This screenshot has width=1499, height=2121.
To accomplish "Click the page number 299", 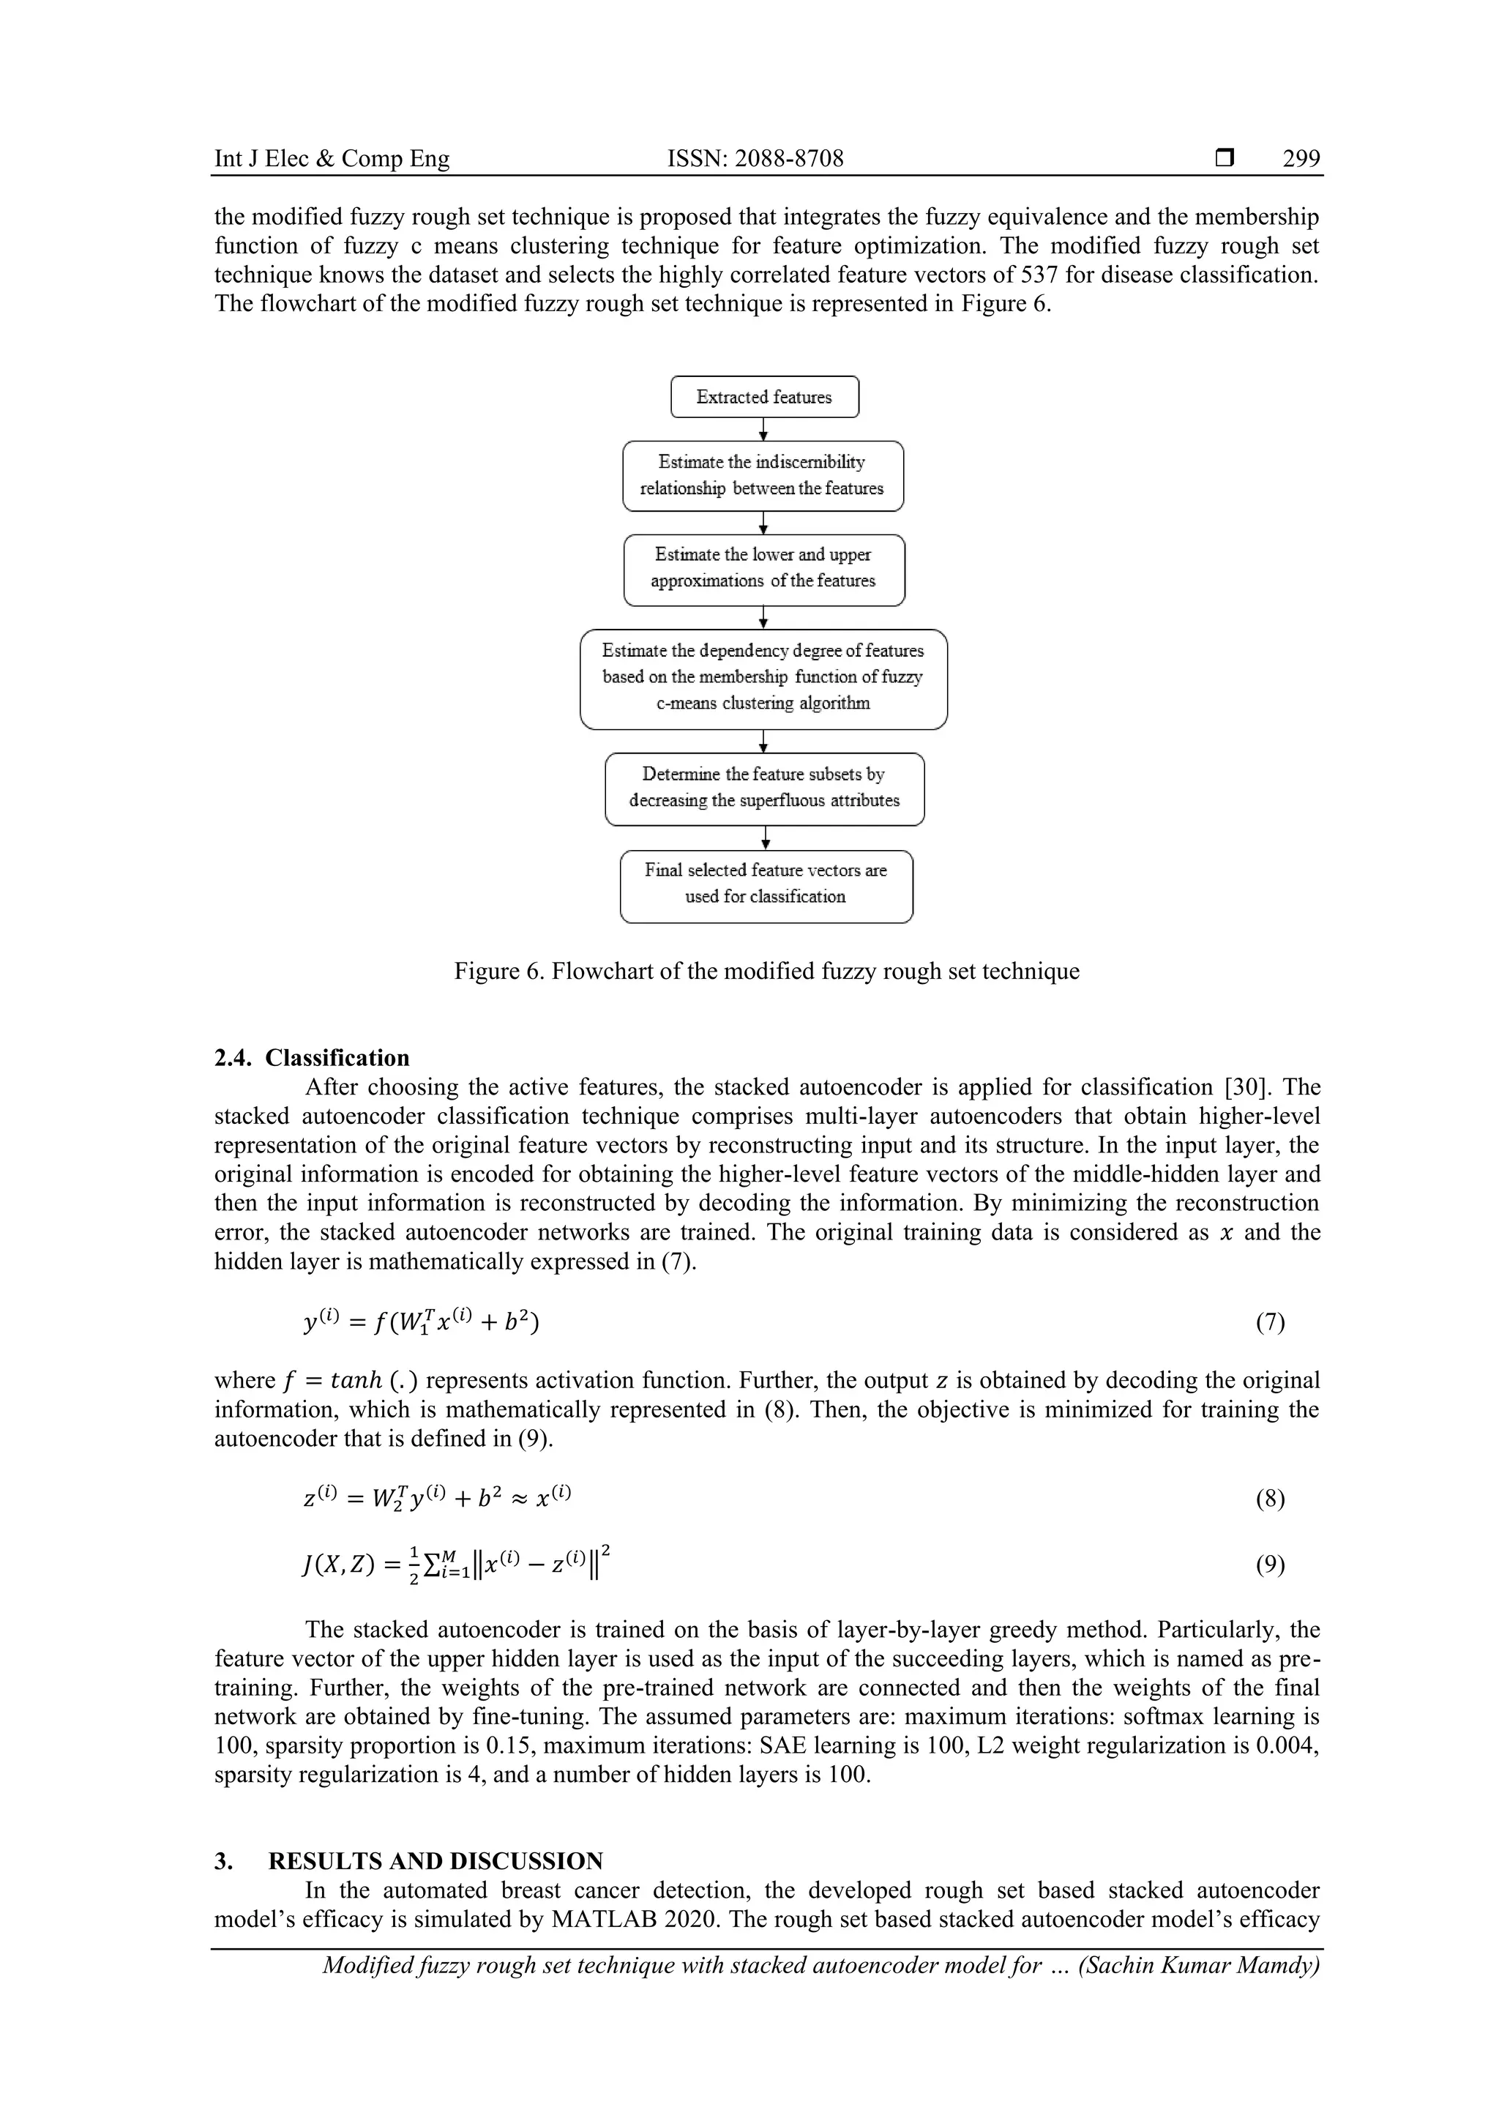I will click(1301, 159).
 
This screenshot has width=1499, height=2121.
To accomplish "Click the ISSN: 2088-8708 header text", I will click(755, 159).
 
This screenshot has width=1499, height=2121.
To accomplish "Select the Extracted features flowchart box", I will click(764, 398).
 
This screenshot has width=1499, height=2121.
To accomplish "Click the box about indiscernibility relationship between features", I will click(763, 476).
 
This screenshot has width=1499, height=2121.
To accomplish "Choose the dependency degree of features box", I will click(763, 678).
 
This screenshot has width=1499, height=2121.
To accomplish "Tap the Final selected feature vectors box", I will click(766, 885).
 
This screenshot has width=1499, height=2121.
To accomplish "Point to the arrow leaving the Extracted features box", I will click(764, 430).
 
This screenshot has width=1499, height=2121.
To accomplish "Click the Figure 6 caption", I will click(766, 971).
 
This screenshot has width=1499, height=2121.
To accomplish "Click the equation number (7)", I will click(1270, 1323).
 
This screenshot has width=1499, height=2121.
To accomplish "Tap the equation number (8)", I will click(1270, 1499).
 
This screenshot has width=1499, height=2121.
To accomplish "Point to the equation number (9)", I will click(1270, 1564).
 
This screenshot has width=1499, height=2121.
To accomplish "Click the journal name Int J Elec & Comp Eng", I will click(332, 159).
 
